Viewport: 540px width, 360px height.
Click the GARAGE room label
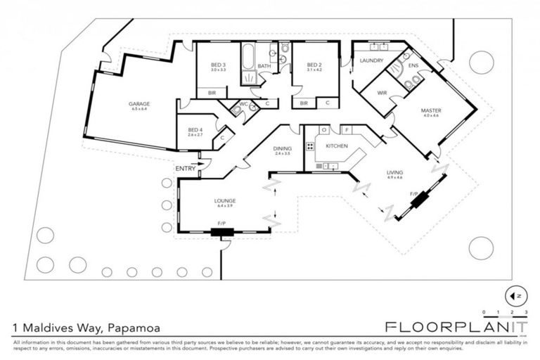coord(140,104)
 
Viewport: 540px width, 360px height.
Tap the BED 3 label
coord(218,65)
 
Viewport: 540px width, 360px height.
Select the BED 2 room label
coord(314,65)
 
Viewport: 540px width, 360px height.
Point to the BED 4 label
coord(195,129)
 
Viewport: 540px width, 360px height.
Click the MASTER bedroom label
coord(430,110)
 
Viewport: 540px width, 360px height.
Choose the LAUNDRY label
coord(371,60)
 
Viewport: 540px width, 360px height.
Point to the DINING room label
coord(282,148)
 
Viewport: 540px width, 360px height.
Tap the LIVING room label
coord(394,172)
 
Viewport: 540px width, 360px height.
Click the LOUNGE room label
coord(225,200)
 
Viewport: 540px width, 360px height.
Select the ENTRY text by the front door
coord(186,168)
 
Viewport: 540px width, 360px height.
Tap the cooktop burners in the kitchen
coord(309,147)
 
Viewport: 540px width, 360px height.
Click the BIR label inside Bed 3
coord(211,93)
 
